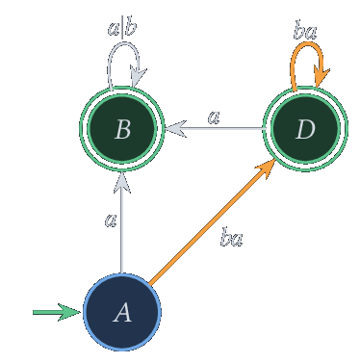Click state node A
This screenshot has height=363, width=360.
pyautogui.click(x=122, y=312)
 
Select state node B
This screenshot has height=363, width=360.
pyautogui.click(x=122, y=129)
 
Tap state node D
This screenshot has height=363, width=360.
pyautogui.click(x=305, y=129)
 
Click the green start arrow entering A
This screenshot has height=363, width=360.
pyautogui.click(x=57, y=312)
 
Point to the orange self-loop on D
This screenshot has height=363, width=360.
pyautogui.click(x=306, y=45)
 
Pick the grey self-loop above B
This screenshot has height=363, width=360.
pyautogui.click(x=123, y=42)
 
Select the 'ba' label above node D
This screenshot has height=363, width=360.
pyautogui.click(x=305, y=32)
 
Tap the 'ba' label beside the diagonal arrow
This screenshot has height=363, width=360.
pyautogui.click(x=231, y=237)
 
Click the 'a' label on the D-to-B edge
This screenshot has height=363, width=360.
pyautogui.click(x=214, y=117)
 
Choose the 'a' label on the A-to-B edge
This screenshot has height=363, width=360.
pyautogui.click(x=111, y=220)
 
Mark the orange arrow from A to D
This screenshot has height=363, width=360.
pyautogui.click(x=213, y=221)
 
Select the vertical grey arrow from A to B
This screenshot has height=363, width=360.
pyautogui.click(x=122, y=222)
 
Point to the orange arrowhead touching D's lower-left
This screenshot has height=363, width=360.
pyautogui.click(x=267, y=168)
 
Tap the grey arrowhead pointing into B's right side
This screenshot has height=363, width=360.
pyautogui.click(x=176, y=129)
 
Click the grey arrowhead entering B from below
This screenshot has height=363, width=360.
pyautogui.click(x=122, y=183)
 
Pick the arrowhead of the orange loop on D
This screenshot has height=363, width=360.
pyautogui.click(x=321, y=77)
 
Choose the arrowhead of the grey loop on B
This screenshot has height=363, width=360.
pyautogui.click(x=138, y=76)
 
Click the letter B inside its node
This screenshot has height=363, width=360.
pyautogui.click(x=122, y=129)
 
